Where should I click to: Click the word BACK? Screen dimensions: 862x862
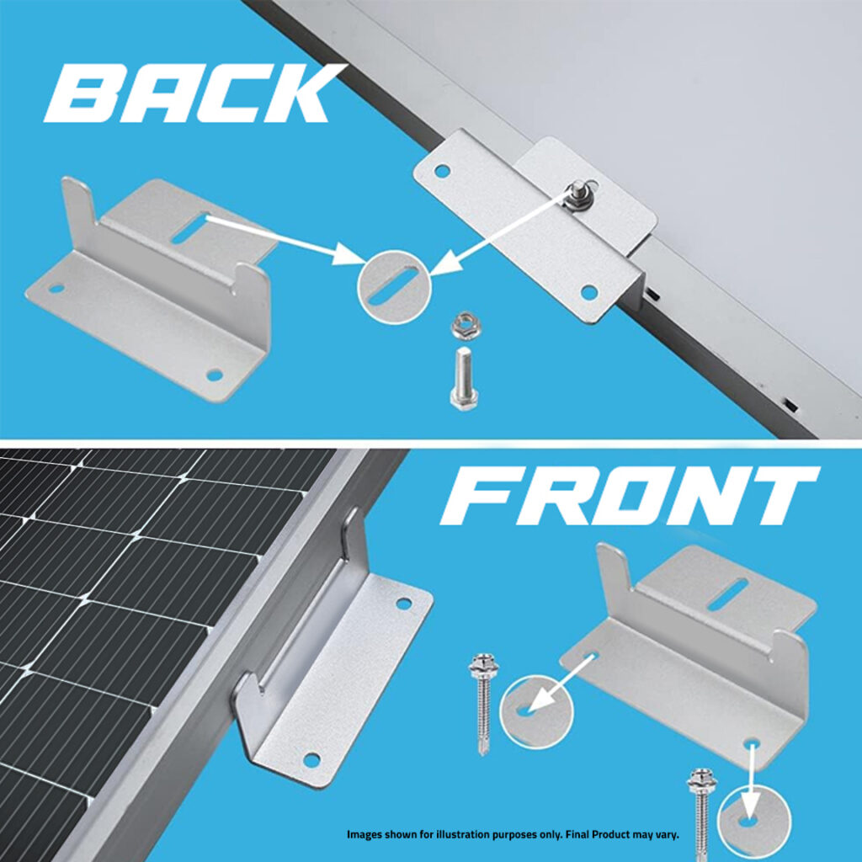[194, 93]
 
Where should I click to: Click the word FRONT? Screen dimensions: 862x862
[630, 497]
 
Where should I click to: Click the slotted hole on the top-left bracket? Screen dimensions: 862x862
[190, 227]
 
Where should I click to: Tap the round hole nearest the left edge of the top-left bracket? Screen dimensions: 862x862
[56, 288]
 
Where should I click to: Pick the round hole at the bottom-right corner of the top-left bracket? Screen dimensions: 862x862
[214, 375]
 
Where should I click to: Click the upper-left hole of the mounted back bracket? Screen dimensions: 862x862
[442, 170]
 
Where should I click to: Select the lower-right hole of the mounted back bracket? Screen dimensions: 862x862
[588, 291]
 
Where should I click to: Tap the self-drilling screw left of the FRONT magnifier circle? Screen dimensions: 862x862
[483, 704]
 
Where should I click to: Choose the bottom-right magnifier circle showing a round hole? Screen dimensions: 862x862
[753, 822]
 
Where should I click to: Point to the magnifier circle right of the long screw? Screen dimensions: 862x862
[536, 712]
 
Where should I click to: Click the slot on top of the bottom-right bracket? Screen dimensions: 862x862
[728, 594]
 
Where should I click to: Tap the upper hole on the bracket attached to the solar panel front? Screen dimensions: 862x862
[403, 604]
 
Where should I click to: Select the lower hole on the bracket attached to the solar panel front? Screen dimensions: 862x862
[311, 760]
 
